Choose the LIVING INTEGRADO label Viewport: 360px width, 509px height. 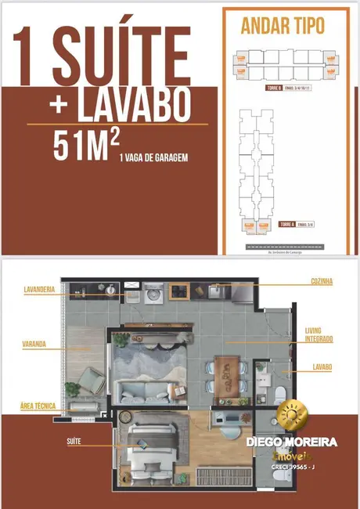[x=319, y=335]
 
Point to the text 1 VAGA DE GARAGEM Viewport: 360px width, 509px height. [x=153, y=157]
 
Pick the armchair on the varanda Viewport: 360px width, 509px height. [x=92, y=382]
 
